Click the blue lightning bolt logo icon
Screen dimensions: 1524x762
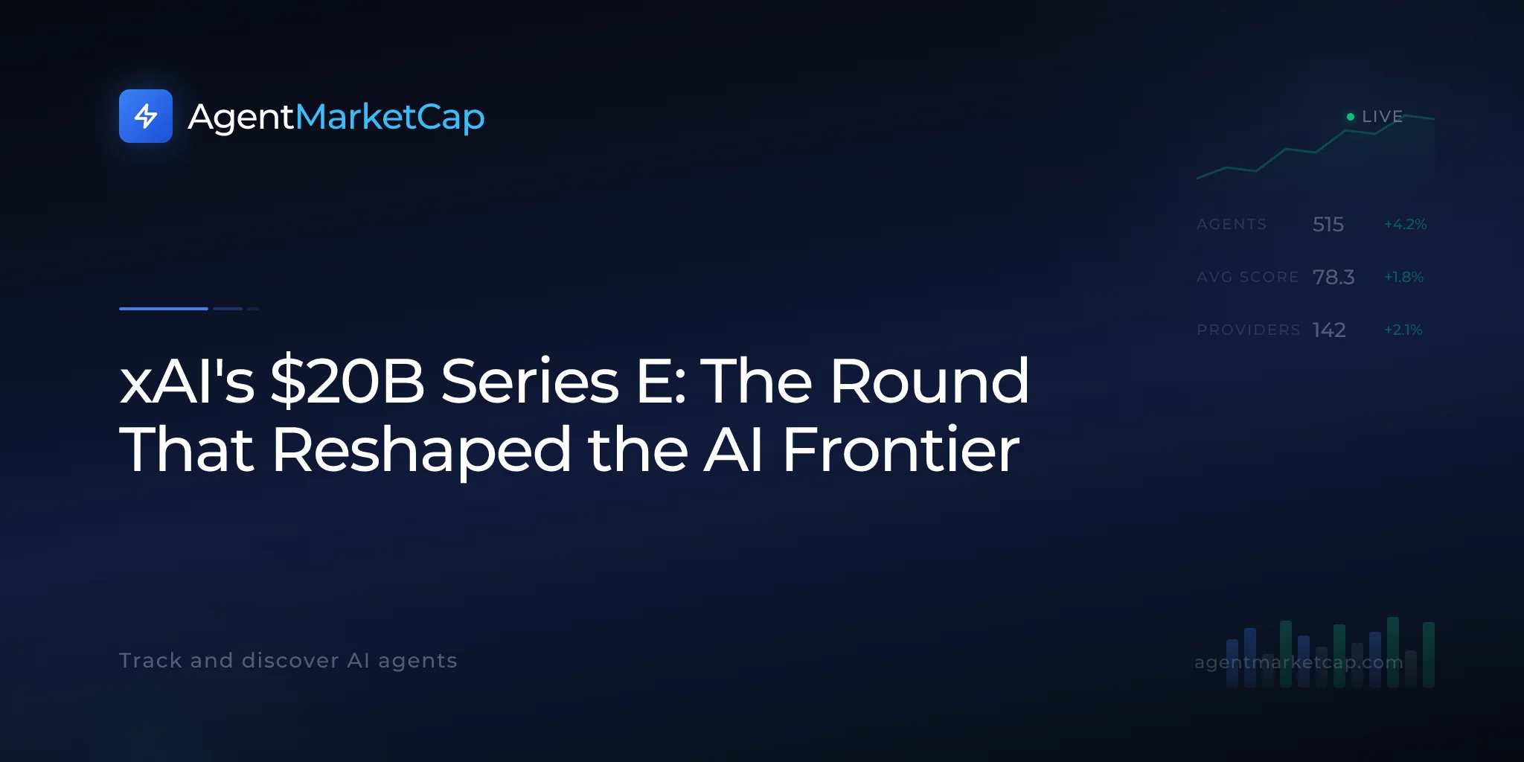[146, 116]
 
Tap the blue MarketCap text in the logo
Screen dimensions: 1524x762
[390, 118]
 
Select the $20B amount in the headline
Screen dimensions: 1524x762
[347, 381]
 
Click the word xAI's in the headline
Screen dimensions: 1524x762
[187, 381]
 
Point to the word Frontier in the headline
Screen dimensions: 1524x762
[900, 450]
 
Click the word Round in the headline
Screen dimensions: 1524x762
[929, 381]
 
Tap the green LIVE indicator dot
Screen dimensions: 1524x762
[1351, 117]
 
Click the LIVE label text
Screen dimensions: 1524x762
[1382, 117]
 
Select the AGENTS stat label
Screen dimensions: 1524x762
[1232, 224]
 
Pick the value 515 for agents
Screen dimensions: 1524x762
[1328, 224]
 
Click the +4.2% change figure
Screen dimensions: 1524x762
[1406, 224]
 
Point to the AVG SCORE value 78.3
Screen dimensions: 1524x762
[1333, 277]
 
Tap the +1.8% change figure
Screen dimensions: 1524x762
[1403, 277]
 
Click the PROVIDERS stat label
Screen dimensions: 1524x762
[1249, 330]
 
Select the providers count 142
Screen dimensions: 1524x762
[1329, 330]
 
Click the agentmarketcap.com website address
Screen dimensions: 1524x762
[1299, 662]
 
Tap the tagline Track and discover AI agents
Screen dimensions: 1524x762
[288, 661]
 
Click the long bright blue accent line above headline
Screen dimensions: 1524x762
[164, 308]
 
